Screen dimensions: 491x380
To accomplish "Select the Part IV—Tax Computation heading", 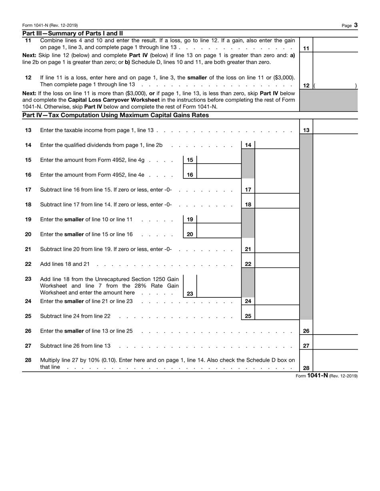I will click(116, 115).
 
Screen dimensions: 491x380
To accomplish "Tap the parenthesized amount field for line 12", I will click(335, 85).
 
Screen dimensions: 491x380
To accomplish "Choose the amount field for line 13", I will click(335, 130).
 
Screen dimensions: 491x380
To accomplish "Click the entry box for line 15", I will click(219, 160).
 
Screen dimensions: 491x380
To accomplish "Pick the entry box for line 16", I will click(219, 174).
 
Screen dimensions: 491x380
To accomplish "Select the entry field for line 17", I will click(277, 190).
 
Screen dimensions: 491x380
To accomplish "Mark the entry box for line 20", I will click(219, 234).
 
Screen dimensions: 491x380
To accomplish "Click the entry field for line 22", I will click(277, 264).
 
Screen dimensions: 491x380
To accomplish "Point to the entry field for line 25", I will click(277, 316).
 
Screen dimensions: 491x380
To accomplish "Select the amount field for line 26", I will click(335, 331).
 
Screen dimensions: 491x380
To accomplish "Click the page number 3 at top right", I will click(356, 25).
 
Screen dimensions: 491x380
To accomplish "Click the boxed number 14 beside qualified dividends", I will click(248, 145).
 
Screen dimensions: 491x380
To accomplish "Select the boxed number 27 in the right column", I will click(306, 346).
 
